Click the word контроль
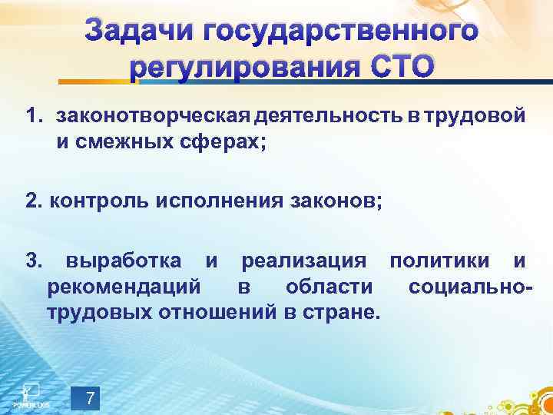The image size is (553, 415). [98, 201]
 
